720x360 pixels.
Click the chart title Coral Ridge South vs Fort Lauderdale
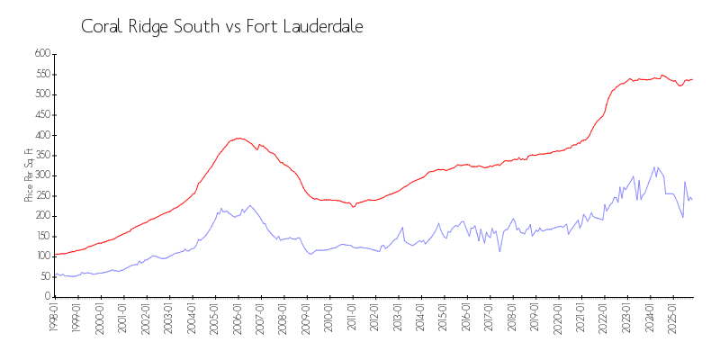(222, 26)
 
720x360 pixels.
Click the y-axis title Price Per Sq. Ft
(29, 175)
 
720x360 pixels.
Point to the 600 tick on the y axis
(40, 54)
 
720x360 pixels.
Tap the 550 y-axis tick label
(40, 74)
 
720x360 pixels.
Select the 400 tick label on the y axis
(40, 135)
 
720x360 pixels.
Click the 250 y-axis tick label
(40, 195)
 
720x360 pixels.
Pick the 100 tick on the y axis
(40, 256)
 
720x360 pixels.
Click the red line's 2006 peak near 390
(238, 138)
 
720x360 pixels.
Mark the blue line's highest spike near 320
(654, 166)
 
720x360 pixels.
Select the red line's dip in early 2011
(354, 206)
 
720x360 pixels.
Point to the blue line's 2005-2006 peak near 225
(249, 205)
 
